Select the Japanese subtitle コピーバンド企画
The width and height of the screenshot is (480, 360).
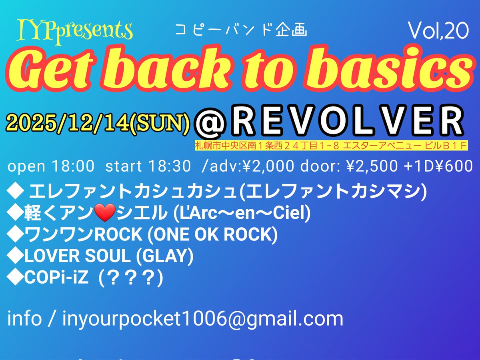coord(241,31)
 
